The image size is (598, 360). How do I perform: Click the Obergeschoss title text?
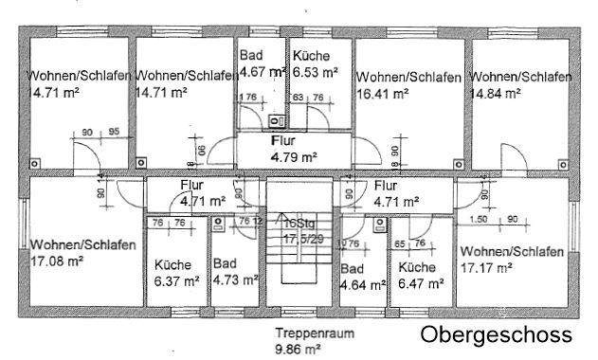(497, 334)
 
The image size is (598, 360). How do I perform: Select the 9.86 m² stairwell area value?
(298, 348)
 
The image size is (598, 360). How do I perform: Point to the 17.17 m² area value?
(485, 267)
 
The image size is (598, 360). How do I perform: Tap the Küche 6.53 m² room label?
(315, 63)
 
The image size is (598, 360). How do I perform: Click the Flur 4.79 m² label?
(293, 149)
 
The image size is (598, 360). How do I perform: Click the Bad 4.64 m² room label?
(362, 276)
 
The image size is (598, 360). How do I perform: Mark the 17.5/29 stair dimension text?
(298, 240)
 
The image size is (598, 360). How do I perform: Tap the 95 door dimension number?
(113, 132)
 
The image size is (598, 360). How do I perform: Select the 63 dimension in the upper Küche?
(298, 97)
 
